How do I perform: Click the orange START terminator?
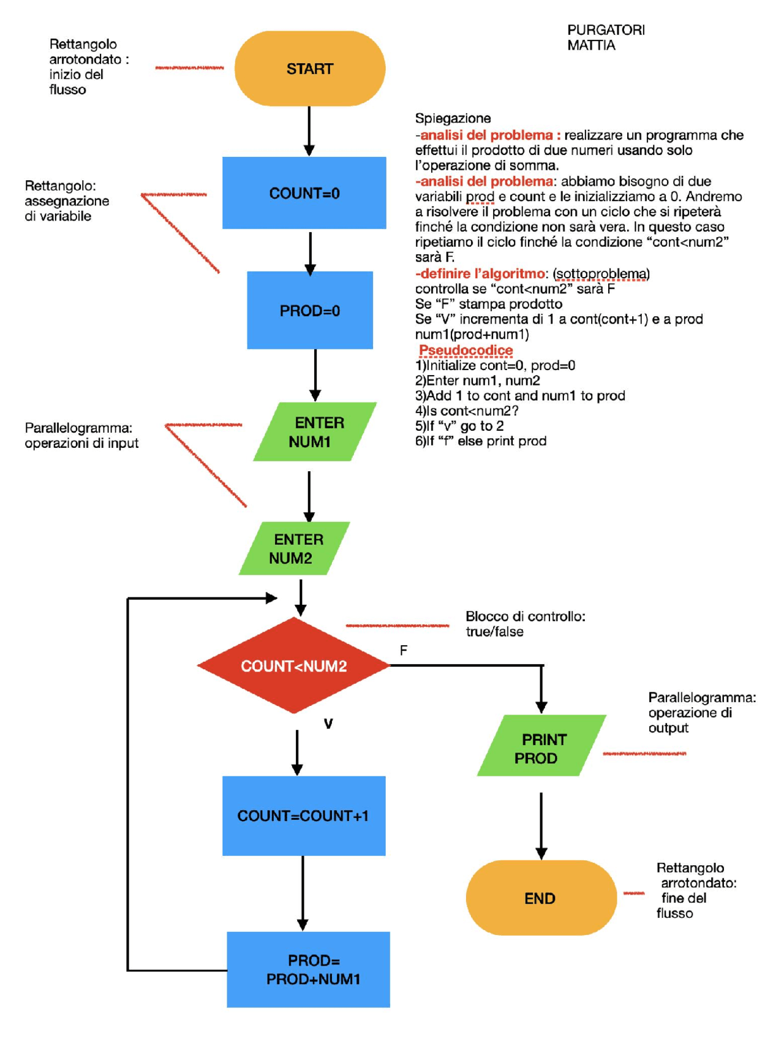pyautogui.click(x=309, y=69)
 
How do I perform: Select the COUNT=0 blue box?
pyautogui.click(x=304, y=193)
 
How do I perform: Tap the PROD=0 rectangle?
pyautogui.click(x=309, y=310)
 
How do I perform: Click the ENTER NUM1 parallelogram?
pyautogui.click(x=314, y=431)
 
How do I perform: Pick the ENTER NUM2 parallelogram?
pyautogui.click(x=294, y=548)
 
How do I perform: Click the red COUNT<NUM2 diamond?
pyautogui.click(x=293, y=665)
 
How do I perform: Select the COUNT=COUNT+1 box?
pyautogui.click(x=303, y=816)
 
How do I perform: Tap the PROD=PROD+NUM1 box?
pyautogui.click(x=308, y=969)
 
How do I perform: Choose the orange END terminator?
pyautogui.click(x=540, y=898)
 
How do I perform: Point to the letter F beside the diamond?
pyautogui.click(x=403, y=650)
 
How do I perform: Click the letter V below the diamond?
pyautogui.click(x=328, y=724)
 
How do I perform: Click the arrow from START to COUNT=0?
pyautogui.click(x=309, y=130)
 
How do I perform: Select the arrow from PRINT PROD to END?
pyautogui.click(x=541, y=824)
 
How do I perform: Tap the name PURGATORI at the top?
pyautogui.click(x=605, y=30)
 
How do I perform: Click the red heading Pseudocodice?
pyautogui.click(x=466, y=350)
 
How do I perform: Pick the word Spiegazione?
pyautogui.click(x=453, y=118)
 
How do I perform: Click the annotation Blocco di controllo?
pyautogui.click(x=525, y=616)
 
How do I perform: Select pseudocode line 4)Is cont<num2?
pyautogui.click(x=467, y=411)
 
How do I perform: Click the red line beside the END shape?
pyautogui.click(x=633, y=893)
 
